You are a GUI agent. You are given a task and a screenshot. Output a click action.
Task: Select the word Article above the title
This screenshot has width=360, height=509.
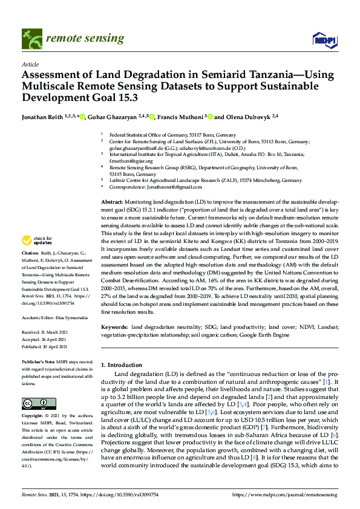point(30,64)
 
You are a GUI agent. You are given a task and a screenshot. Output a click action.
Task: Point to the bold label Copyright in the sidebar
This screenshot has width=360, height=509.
point(33,417)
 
